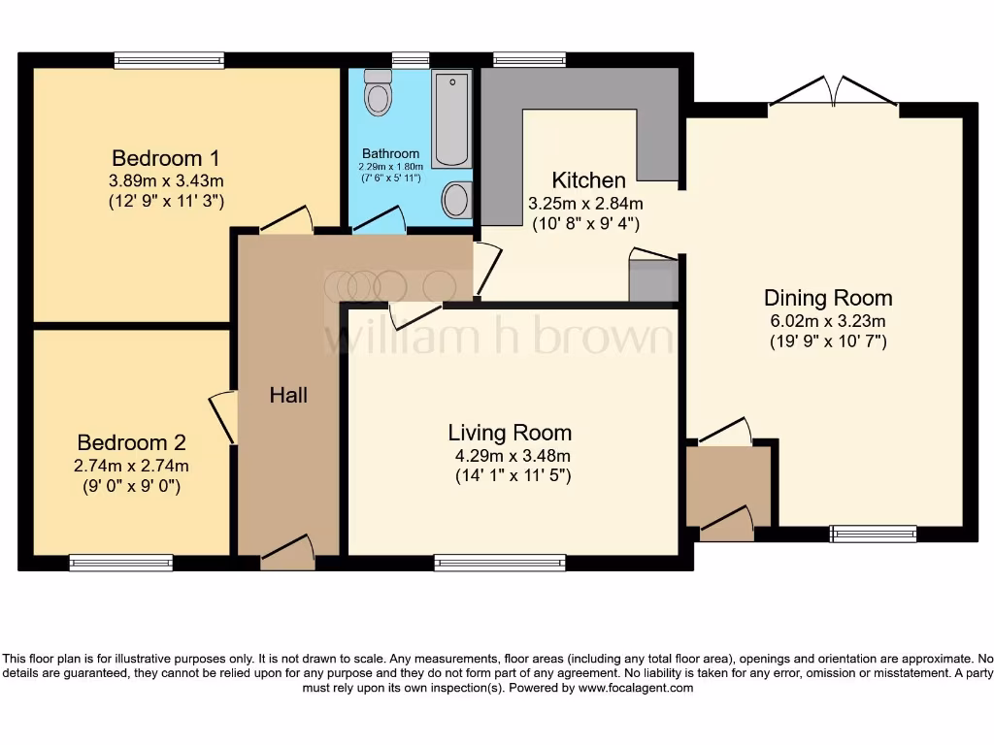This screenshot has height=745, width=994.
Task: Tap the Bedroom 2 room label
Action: tap(131, 443)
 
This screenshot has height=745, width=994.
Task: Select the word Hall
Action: tap(288, 395)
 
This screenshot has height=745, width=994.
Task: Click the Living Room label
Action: tap(510, 433)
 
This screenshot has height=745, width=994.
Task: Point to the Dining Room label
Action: tap(828, 298)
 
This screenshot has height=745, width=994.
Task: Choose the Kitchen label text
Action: tap(588, 180)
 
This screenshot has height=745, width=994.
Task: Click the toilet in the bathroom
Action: tap(377, 95)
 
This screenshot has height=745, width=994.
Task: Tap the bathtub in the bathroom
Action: tap(451, 118)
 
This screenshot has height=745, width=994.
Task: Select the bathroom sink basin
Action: tap(455, 201)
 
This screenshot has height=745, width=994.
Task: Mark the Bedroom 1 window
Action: tap(169, 61)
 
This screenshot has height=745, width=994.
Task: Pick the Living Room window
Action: tap(500, 563)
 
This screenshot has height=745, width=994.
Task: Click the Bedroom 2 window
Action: tap(121, 563)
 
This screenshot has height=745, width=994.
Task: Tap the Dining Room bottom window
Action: tap(874, 533)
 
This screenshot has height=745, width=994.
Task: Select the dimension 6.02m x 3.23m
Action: tap(828, 321)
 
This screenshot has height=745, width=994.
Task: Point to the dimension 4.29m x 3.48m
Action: tap(510, 456)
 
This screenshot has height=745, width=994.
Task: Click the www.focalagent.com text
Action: tap(637, 688)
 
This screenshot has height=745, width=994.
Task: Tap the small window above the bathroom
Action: tap(411, 60)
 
